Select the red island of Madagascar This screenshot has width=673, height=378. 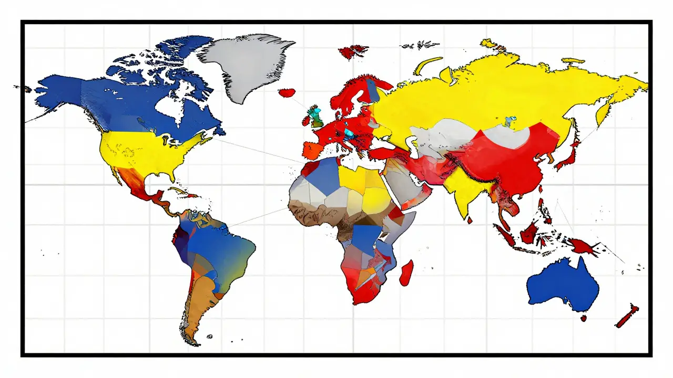pos(406,273)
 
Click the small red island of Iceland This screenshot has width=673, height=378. pos(287,93)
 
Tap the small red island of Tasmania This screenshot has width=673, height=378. pos(583,318)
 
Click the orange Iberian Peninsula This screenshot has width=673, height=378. pos(311,150)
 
